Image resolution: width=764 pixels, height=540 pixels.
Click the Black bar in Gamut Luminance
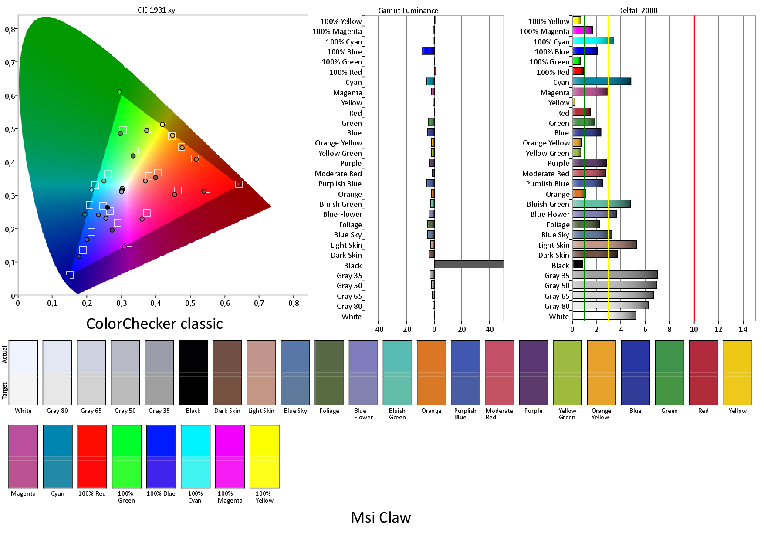coord(469,264)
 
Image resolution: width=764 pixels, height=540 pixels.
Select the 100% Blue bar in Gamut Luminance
coord(428,51)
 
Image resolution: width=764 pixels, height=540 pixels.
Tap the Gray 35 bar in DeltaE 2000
coord(615,275)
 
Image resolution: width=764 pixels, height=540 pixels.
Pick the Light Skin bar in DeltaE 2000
coord(604,245)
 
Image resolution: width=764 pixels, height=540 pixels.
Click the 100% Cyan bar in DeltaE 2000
coord(593,41)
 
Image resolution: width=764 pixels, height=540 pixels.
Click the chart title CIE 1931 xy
coord(156,10)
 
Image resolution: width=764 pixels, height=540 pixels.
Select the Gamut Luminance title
coord(408,10)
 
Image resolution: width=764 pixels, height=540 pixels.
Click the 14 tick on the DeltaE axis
coord(743,329)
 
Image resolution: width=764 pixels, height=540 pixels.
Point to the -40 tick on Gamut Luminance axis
coord(378,329)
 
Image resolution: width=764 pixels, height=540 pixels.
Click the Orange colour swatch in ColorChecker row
coord(431,373)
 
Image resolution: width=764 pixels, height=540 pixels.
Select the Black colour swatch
coord(193,373)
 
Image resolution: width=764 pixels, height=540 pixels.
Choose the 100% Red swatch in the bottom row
coord(92,456)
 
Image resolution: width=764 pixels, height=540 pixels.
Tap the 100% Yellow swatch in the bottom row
coord(264,456)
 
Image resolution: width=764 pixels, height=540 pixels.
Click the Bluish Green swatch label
coord(397,414)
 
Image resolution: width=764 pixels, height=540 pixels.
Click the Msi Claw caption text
coord(381,517)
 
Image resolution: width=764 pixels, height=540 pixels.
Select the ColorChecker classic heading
coord(155,324)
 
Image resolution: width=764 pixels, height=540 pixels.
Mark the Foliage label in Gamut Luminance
coord(350,225)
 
